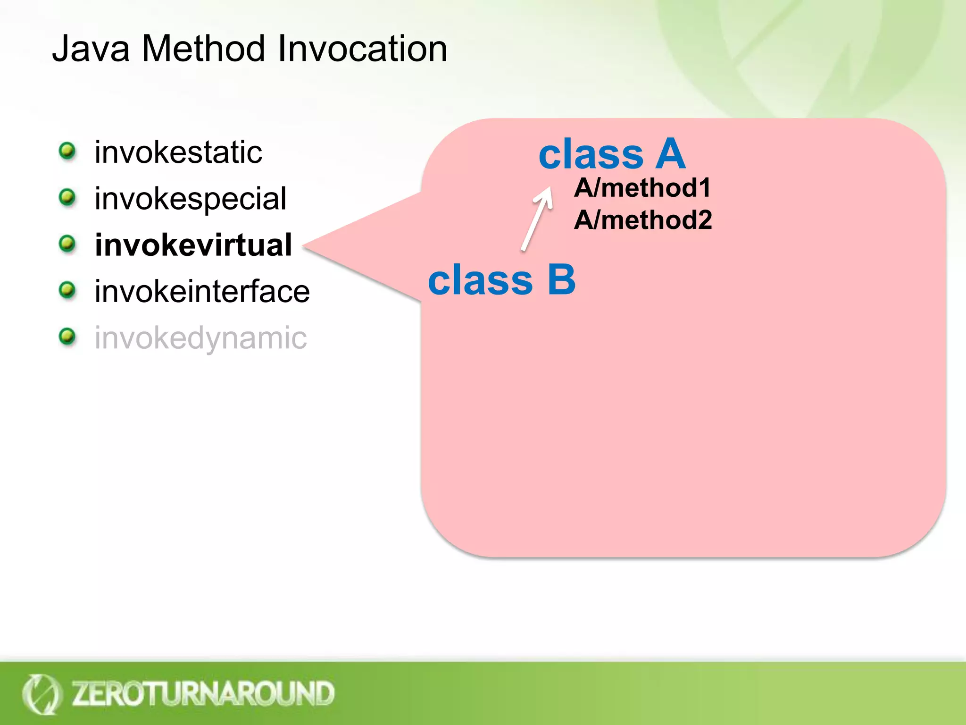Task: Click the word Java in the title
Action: point(91,49)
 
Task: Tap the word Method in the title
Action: point(203,49)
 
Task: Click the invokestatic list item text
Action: point(178,152)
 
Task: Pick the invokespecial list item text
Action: point(190,199)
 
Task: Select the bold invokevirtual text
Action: point(193,245)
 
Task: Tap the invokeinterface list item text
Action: point(202,291)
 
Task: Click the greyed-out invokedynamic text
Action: point(200,338)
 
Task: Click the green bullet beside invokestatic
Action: point(67,151)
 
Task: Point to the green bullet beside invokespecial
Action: point(67,197)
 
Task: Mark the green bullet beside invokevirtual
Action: point(67,244)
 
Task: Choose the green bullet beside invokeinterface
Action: point(67,290)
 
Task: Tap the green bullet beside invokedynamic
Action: point(67,337)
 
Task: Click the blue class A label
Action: point(612,154)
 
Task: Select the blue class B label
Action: point(501,279)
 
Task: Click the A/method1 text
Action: point(642,188)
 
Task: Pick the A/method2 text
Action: point(642,220)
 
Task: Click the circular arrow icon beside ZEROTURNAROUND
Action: point(41,694)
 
